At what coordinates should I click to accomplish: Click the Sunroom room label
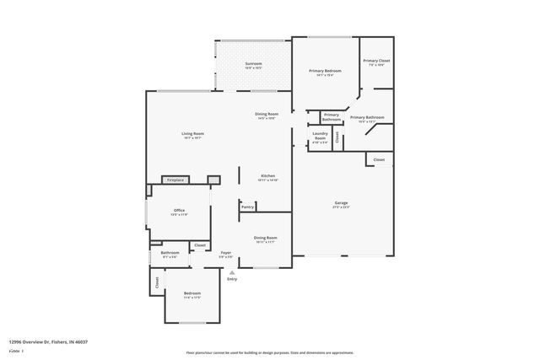253,64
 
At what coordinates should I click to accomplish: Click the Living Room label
192,134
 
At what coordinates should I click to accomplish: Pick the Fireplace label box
175,180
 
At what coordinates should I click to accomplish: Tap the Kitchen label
267,176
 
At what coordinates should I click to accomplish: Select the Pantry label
247,207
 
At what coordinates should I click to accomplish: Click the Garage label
342,203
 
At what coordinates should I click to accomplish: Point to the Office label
179,211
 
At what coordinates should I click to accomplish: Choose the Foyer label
226,253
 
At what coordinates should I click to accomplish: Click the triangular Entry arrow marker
232,272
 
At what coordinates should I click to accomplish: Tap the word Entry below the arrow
232,279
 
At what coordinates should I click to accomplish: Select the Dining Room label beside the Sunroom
267,115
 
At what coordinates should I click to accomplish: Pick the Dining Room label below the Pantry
266,238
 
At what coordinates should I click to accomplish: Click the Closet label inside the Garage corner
379,159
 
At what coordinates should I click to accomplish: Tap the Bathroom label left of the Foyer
170,253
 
